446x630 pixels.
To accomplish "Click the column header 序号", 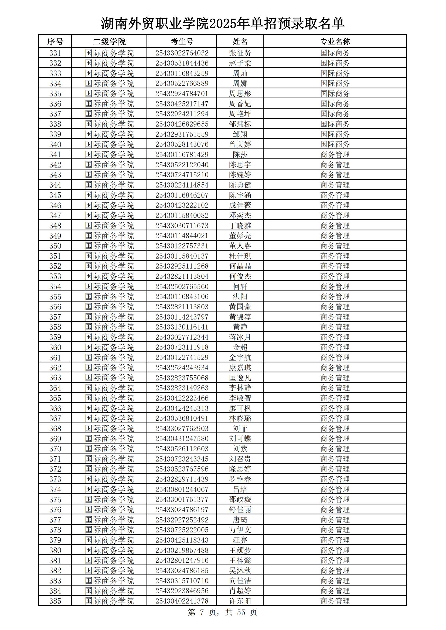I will point(55,42).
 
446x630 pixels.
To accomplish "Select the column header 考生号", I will point(182,42).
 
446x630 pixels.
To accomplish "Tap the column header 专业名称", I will point(335,42).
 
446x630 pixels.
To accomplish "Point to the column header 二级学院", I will point(109,42).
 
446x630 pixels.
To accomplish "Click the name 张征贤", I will point(240,53).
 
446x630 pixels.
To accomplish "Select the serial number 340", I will point(55,144).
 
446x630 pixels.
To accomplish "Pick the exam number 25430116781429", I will point(182,154).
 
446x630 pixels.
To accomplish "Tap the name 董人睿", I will point(240,246).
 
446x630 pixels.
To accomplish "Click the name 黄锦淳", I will point(240,317).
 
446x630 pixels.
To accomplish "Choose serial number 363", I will point(55,378).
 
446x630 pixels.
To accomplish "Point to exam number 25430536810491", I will point(182,418).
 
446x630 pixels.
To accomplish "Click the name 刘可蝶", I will point(240,439).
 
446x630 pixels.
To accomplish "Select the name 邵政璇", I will point(240,500).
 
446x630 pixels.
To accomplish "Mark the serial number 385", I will point(55,601).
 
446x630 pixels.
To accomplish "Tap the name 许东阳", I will point(240,601).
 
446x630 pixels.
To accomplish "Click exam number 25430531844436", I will point(182,63).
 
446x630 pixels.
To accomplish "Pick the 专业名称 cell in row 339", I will point(335,134).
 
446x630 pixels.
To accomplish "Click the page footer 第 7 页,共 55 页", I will point(222,612).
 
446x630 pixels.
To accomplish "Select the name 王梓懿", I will point(240,560).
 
